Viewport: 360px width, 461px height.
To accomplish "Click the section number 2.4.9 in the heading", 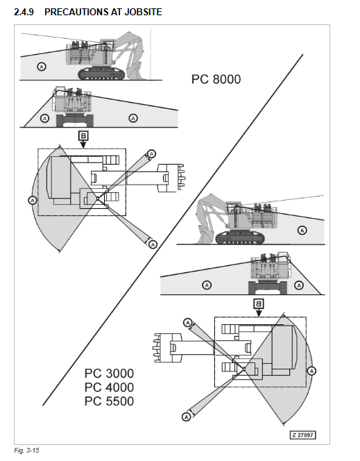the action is [x=24, y=12].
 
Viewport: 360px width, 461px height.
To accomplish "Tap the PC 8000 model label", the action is [x=216, y=79].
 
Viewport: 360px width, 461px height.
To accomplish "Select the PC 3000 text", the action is [x=109, y=374].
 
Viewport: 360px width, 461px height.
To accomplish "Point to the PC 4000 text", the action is [x=109, y=387].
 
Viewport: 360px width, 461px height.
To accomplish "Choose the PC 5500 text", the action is [x=109, y=401].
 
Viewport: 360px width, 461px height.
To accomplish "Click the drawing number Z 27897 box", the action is [x=302, y=435].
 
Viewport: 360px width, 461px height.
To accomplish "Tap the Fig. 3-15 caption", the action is [x=26, y=451].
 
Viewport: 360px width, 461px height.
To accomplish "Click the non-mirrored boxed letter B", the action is [x=83, y=136].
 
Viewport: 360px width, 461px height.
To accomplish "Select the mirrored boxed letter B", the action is [x=259, y=303].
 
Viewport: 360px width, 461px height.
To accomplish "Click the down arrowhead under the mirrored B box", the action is [x=259, y=313].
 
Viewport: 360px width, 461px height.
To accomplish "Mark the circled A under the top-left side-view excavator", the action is [x=42, y=67].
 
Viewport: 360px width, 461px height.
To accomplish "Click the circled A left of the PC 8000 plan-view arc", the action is [x=33, y=200].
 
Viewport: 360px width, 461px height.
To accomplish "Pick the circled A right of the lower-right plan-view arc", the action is [x=312, y=371].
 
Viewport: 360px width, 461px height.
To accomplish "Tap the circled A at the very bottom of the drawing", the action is [x=187, y=417].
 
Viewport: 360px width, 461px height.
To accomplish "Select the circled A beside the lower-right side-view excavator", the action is [x=302, y=230].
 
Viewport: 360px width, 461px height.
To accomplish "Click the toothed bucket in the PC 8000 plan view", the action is [x=171, y=178].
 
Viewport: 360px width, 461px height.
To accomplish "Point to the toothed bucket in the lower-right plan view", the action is [x=167, y=348].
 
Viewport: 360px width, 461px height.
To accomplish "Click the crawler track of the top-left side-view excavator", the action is [x=101, y=74].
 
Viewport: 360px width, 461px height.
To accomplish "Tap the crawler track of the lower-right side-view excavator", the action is [x=240, y=237].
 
